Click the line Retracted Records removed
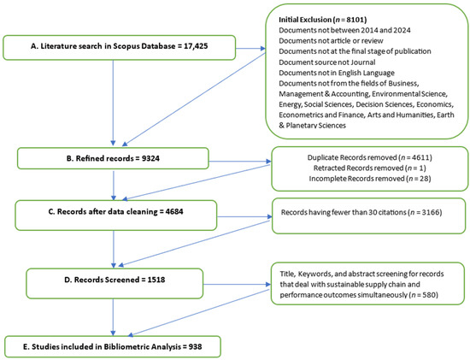coord(369,170)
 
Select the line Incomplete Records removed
coord(369,182)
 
